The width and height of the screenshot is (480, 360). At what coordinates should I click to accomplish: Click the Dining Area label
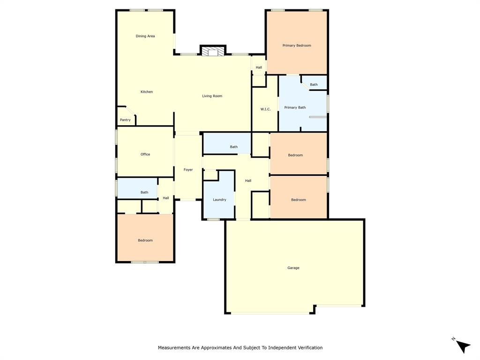tap(145, 36)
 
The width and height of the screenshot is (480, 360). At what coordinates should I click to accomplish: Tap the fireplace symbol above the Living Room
tap(213, 52)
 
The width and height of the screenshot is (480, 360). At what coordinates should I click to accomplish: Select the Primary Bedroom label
tap(297, 45)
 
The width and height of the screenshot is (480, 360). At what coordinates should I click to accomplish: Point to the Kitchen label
tap(147, 92)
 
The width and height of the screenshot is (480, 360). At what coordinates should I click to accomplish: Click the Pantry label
tap(125, 120)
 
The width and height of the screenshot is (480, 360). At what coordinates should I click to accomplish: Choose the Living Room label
tap(212, 96)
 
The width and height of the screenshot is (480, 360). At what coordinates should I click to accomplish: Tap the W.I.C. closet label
tap(265, 109)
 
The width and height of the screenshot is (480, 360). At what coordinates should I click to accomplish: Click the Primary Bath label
tap(295, 107)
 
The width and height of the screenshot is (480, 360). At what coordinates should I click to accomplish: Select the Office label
tap(145, 154)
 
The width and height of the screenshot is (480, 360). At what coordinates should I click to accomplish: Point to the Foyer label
tap(188, 170)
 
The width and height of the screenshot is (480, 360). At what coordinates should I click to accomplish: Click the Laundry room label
tap(219, 200)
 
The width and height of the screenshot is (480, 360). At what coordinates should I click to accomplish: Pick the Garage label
tap(293, 268)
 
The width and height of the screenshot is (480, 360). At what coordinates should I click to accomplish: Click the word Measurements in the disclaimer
tap(174, 348)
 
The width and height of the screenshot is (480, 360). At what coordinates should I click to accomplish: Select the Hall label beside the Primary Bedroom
tap(259, 67)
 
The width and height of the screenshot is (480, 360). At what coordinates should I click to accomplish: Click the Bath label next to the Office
tap(144, 192)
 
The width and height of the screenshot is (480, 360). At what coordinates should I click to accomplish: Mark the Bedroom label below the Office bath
tap(145, 240)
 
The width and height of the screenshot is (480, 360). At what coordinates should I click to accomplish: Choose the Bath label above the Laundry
tap(233, 147)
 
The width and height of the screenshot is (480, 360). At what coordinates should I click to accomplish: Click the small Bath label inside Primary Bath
tap(314, 85)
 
